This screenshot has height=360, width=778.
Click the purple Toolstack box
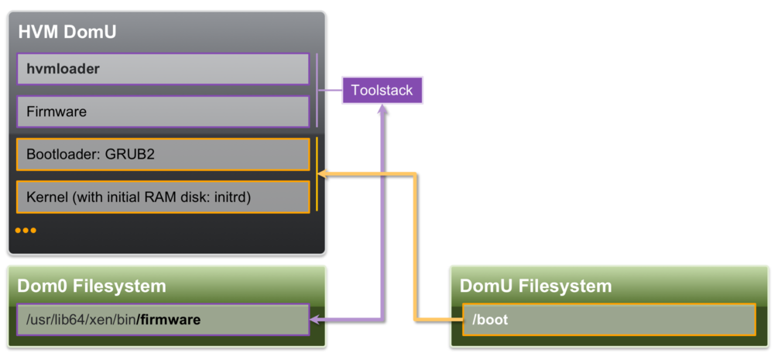(382, 90)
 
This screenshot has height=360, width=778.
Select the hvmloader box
(163, 69)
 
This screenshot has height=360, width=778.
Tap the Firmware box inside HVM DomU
(163, 111)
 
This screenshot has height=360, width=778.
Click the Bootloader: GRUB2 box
(163, 154)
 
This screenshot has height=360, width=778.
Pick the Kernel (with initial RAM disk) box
(163, 197)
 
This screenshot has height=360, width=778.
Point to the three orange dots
(26, 231)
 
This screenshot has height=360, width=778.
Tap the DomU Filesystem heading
(536, 286)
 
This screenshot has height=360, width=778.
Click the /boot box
(608, 319)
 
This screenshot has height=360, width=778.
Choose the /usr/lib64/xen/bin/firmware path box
(163, 319)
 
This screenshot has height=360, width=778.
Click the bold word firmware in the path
(169, 319)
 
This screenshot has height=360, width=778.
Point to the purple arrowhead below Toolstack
(382, 110)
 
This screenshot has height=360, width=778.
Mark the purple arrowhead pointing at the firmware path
(315, 319)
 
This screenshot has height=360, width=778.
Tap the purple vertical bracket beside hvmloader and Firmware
(317, 90)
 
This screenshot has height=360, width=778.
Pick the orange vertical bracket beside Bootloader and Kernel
(317, 175)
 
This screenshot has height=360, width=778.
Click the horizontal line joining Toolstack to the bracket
(331, 90)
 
